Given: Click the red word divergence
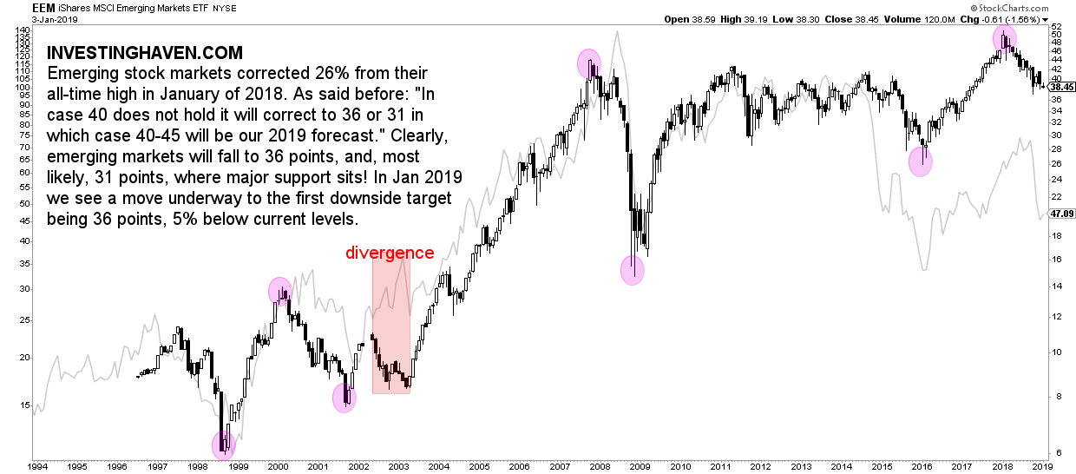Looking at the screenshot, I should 390,253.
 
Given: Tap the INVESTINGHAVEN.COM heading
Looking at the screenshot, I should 144,54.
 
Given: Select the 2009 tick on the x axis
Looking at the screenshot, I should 640,465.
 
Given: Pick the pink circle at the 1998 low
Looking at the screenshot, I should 224,446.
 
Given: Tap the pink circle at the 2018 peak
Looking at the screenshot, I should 1005,38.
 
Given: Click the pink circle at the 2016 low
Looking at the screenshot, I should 921,161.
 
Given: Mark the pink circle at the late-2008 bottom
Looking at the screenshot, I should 633,270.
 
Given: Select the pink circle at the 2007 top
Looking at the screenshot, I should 589,63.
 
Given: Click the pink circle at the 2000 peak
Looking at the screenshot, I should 279,291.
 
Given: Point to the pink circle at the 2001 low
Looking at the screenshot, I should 344,398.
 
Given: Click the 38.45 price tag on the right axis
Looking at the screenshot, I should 1062,87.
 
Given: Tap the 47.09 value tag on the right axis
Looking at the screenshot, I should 1062,213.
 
